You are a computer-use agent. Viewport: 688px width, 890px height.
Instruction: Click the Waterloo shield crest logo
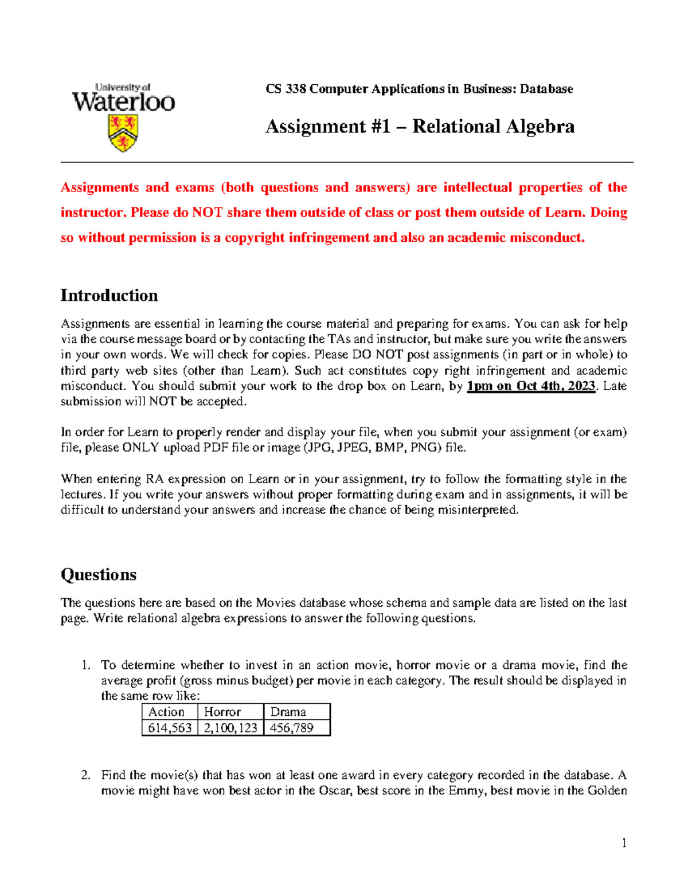pyautogui.click(x=123, y=133)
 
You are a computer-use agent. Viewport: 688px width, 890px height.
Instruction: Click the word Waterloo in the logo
pyautogui.click(x=123, y=103)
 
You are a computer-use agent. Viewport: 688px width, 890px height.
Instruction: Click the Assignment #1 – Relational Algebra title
pyautogui.click(x=420, y=126)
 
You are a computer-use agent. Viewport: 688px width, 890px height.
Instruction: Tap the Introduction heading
pyautogui.click(x=109, y=295)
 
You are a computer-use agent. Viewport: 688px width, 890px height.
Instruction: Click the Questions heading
pyautogui.click(x=99, y=574)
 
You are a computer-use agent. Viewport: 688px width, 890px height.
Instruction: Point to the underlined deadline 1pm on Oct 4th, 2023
pyautogui.click(x=531, y=386)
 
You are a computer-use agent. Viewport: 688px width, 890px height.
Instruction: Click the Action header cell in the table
pyautogui.click(x=166, y=712)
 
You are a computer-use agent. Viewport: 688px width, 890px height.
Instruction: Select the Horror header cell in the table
pyautogui.click(x=222, y=712)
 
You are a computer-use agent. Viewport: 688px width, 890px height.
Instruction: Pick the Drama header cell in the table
pyautogui.click(x=288, y=712)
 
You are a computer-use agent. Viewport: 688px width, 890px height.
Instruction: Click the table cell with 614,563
pyautogui.click(x=170, y=728)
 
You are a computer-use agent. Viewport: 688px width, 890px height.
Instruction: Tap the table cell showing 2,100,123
pyautogui.click(x=230, y=728)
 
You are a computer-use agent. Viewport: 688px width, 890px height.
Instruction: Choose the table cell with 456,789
pyautogui.click(x=292, y=728)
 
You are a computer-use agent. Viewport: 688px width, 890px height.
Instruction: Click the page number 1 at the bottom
pyautogui.click(x=624, y=842)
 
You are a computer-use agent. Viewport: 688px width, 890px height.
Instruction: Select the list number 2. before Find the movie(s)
pyautogui.click(x=86, y=775)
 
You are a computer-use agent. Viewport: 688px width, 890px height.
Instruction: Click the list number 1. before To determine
pyautogui.click(x=86, y=665)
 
